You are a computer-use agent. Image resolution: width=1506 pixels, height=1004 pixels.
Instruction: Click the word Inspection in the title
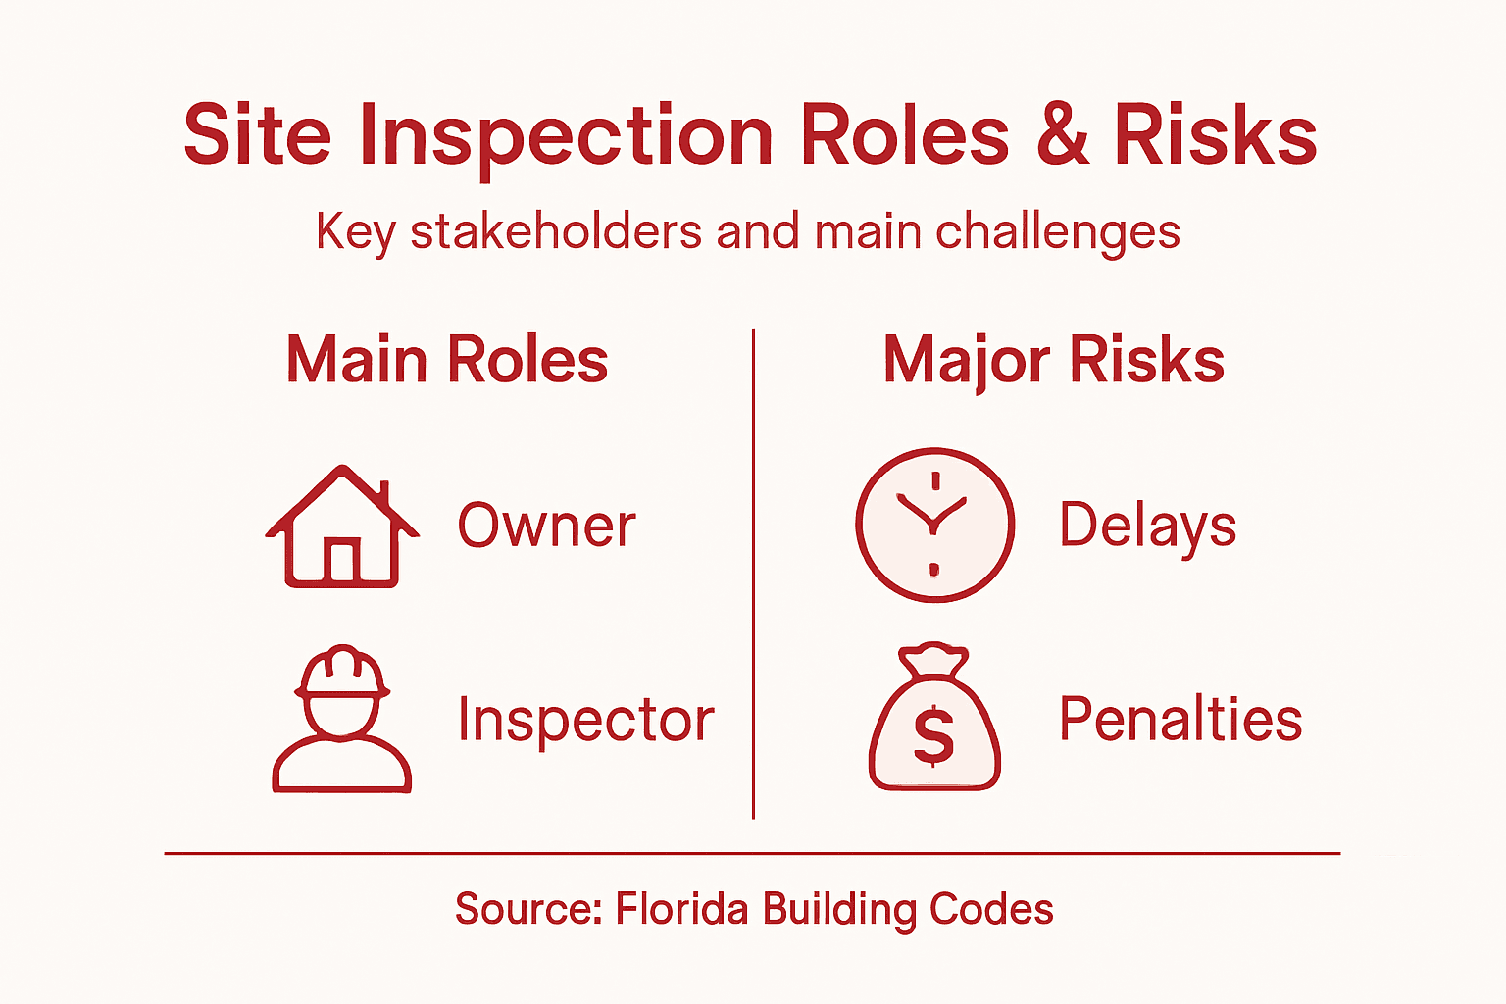(x=567, y=137)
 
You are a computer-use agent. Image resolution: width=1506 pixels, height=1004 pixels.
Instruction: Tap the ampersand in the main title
(x=1062, y=137)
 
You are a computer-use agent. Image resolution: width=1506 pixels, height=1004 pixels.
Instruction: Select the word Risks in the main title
(x=1215, y=137)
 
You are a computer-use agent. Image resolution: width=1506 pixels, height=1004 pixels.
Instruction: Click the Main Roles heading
(x=447, y=360)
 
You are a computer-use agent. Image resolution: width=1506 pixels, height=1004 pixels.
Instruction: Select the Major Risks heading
(x=1054, y=361)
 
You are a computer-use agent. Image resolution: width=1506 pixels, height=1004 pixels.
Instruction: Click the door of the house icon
(x=341, y=561)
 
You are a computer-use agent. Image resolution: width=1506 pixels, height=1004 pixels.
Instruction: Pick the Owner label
(x=546, y=527)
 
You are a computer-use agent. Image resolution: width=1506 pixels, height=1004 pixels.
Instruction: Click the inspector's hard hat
(x=341, y=672)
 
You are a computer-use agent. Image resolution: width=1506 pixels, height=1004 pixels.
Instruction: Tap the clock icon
(x=934, y=525)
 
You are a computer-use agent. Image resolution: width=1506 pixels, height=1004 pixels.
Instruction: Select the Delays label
(x=1147, y=527)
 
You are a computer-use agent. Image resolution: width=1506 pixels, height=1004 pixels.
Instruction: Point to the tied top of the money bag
(x=933, y=660)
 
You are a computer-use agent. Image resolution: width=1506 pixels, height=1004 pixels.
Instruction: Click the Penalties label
(x=1180, y=720)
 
